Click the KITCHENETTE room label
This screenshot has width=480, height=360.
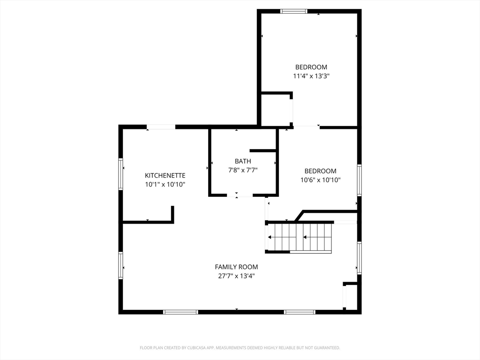165,175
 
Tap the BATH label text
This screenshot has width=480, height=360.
243,161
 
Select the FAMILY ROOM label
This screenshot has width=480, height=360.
236,267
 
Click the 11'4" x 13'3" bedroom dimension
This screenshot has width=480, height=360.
311,76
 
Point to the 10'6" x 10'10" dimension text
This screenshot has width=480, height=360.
321,180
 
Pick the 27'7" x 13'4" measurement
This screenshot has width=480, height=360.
236,276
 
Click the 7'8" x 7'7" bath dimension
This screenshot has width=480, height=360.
243,170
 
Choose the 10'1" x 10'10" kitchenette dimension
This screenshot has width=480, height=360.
165,185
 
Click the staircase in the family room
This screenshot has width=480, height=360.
299,237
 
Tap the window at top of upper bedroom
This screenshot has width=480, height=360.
294,11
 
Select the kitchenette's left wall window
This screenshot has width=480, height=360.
121,173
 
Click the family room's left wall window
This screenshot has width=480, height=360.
121,265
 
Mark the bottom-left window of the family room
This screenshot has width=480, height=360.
180,312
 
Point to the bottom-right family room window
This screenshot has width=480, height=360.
300,312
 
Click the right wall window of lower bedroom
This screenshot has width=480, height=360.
359,180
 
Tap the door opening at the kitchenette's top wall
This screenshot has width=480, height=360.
161,127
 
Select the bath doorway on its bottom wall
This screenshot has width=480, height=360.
240,195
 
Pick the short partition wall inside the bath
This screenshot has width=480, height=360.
262,150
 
